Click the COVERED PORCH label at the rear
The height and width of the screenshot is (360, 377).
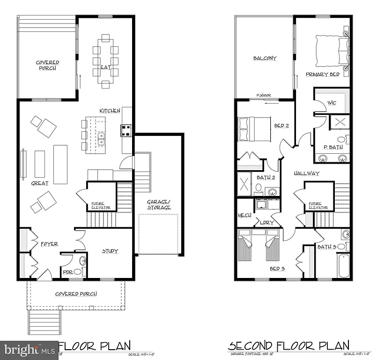(48, 65)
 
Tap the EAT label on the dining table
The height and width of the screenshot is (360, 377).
(105, 67)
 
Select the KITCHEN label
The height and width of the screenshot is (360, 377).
(110, 111)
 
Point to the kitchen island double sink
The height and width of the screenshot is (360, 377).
(101, 138)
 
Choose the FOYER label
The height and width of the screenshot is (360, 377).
(49, 244)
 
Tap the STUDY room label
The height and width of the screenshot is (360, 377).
(110, 251)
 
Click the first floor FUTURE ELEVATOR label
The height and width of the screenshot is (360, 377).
(101, 205)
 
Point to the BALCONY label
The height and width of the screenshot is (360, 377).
(265, 59)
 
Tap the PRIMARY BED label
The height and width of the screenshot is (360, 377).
(323, 75)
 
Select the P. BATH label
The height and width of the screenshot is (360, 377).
(333, 147)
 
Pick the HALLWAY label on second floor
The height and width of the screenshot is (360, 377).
(306, 173)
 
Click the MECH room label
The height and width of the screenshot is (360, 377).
(244, 215)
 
